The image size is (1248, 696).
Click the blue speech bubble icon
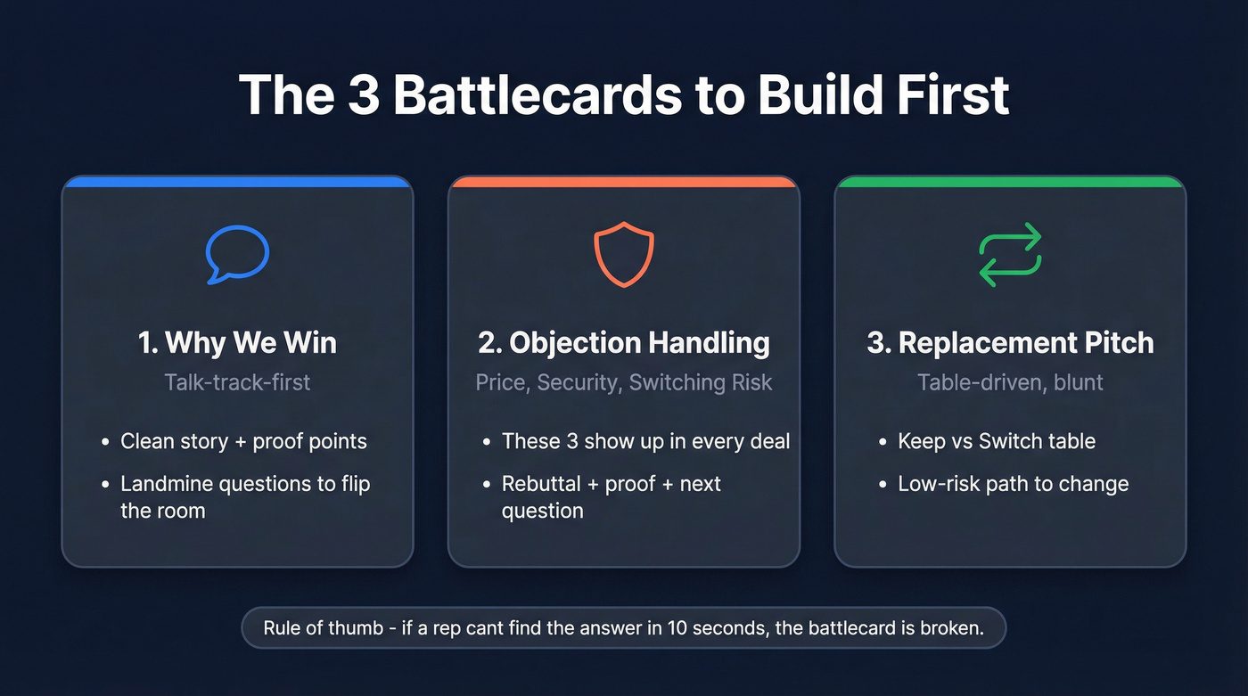click(237, 254)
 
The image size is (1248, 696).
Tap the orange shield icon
click(624, 255)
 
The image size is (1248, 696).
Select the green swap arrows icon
click(1010, 255)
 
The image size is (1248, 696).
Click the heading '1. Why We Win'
click(237, 343)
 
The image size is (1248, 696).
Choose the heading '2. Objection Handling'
click(624, 343)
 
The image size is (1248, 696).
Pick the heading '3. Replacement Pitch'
click(1010, 343)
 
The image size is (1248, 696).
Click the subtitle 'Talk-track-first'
click(237, 382)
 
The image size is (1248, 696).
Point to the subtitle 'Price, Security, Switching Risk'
click(624, 382)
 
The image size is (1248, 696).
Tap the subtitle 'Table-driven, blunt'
click(1010, 382)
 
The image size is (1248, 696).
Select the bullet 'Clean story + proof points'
click(243, 441)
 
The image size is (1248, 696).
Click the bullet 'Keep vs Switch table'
click(997, 441)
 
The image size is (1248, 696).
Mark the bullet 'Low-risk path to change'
click(1013, 484)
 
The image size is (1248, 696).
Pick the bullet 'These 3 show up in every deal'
click(645, 441)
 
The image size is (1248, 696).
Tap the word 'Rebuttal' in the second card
click(541, 484)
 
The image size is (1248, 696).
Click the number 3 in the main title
click(364, 94)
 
